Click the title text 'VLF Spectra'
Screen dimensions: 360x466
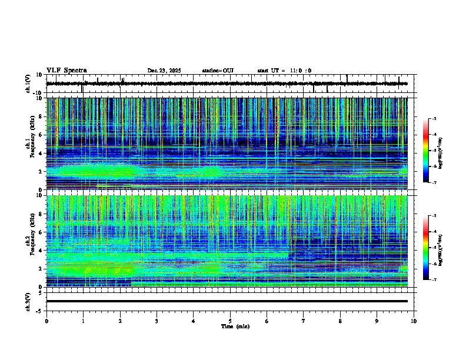point(66,70)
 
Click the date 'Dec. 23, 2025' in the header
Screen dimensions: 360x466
point(164,71)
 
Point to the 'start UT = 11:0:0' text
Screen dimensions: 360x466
point(284,71)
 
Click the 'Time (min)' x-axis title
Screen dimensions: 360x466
point(235,326)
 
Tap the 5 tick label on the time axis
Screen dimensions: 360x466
point(230,321)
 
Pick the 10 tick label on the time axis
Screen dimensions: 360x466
point(414,321)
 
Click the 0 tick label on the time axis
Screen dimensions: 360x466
point(46,321)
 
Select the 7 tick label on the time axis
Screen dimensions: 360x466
point(304,321)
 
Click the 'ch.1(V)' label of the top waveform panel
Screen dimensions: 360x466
point(28,84)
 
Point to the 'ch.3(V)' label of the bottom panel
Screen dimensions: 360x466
point(28,301)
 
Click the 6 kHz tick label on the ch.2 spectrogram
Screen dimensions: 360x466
point(42,232)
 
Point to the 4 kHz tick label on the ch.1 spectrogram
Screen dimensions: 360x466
point(42,154)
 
